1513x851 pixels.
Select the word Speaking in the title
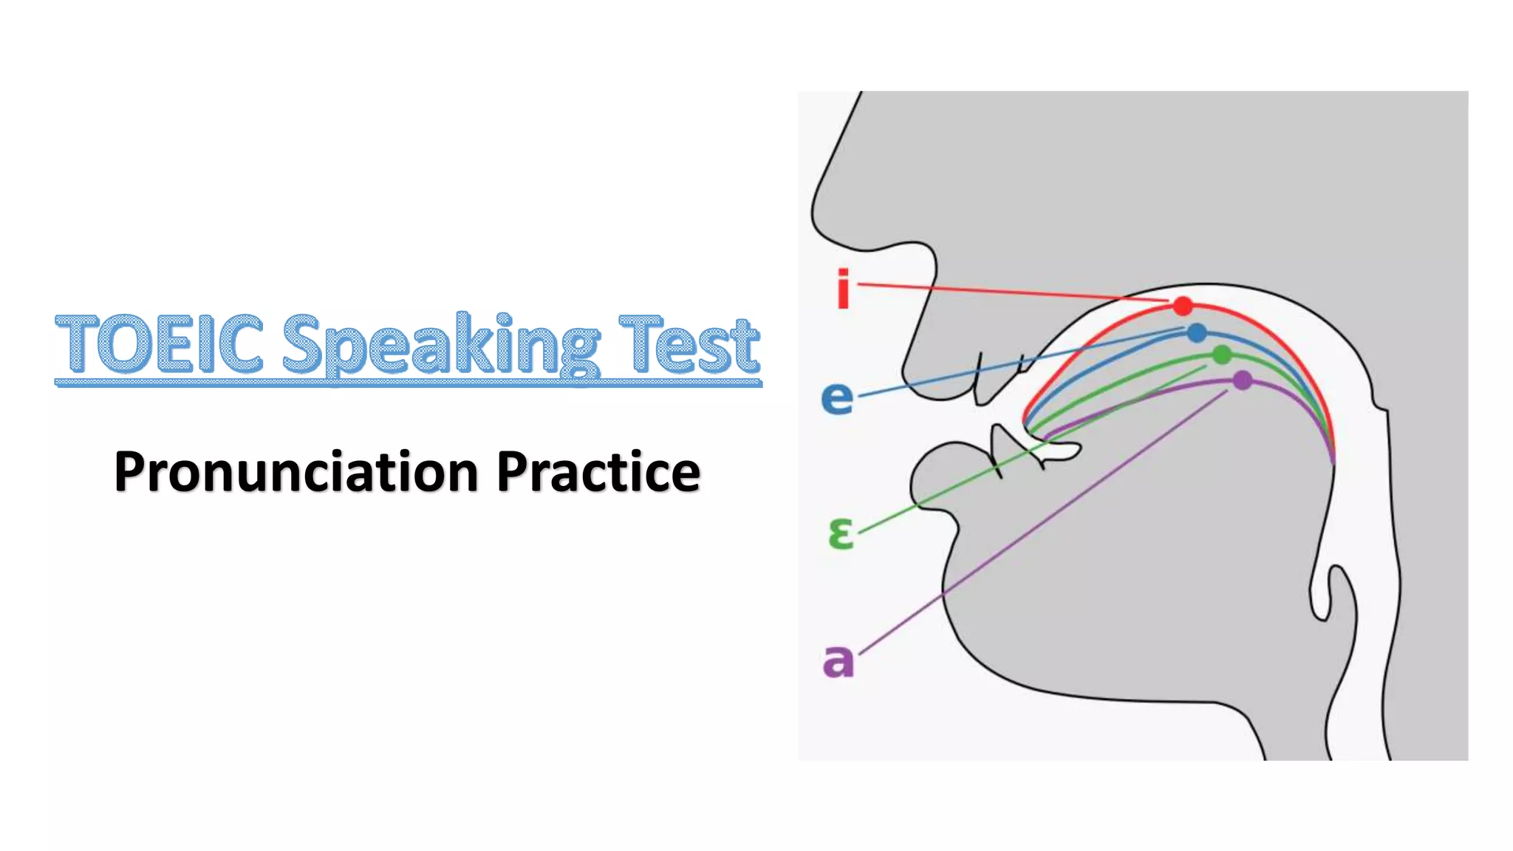[440, 346]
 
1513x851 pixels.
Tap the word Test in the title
[689, 344]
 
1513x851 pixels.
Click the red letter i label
[843, 289]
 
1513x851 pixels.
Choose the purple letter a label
[838, 660]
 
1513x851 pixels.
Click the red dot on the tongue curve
[1183, 305]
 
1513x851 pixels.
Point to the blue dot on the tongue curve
[1197, 333]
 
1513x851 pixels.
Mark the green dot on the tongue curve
[1222, 355]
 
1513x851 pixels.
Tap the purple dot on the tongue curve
[1243, 380]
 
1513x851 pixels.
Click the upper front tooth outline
[983, 380]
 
